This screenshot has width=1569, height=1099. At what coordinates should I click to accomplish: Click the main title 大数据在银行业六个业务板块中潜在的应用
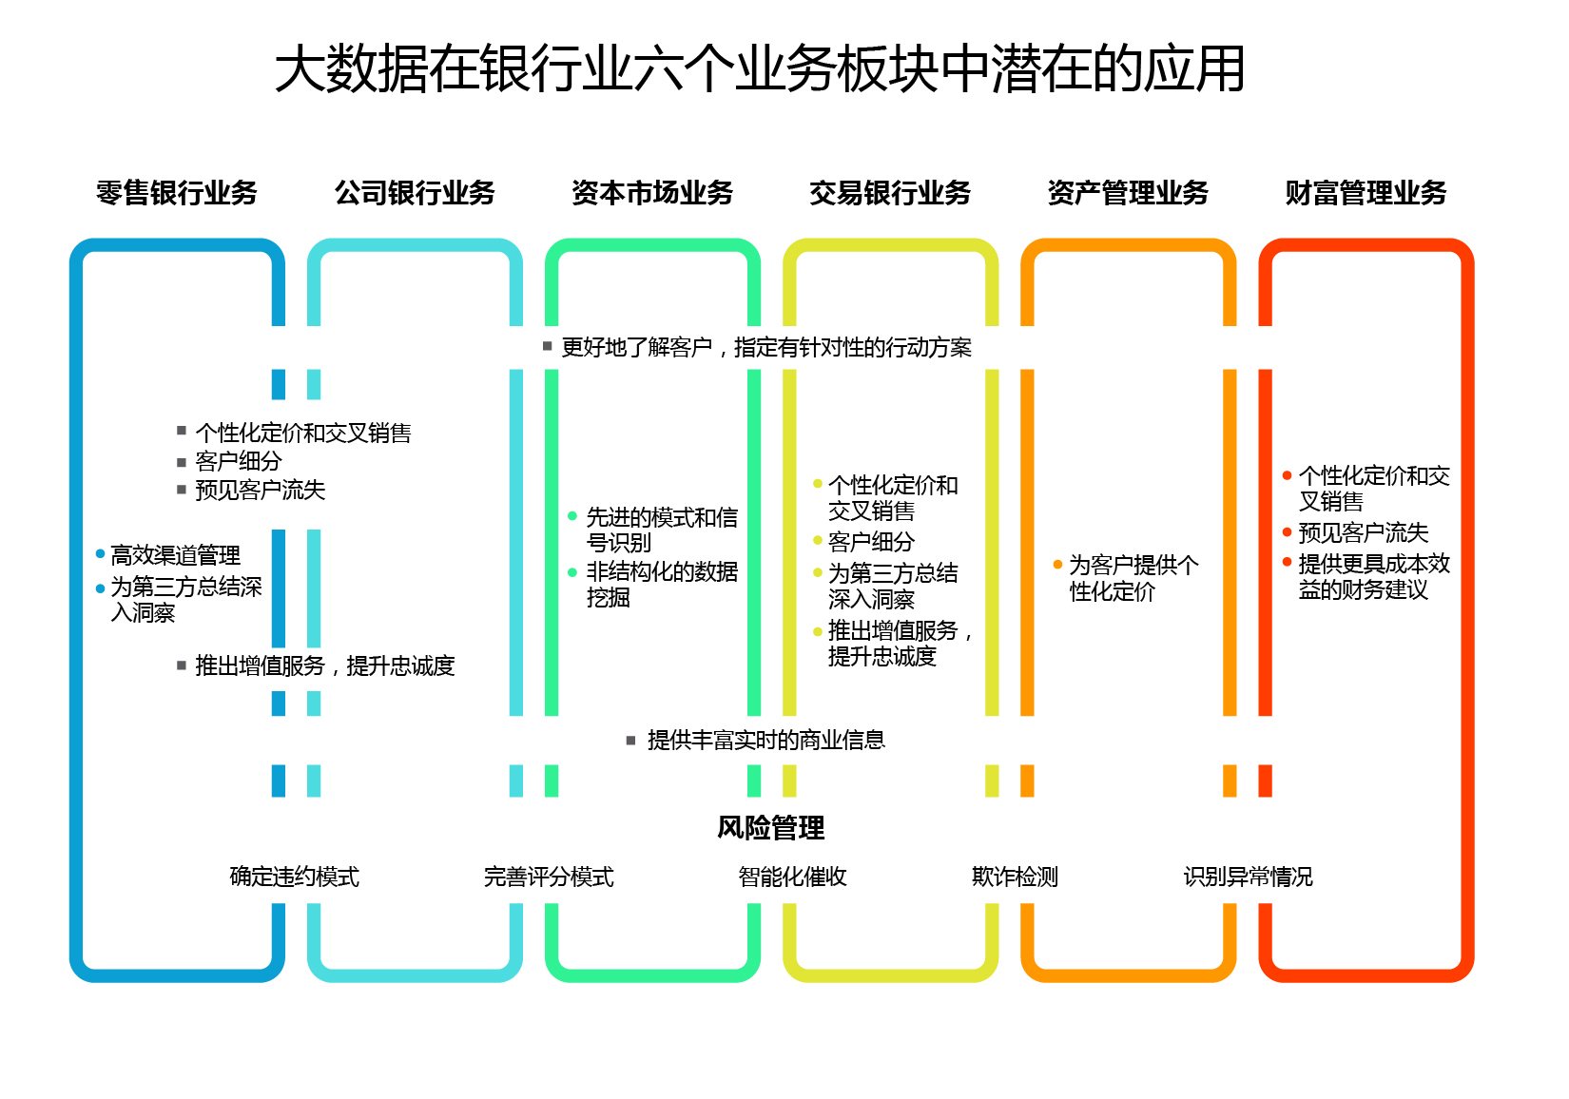759,68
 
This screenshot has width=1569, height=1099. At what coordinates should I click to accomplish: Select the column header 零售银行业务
177,193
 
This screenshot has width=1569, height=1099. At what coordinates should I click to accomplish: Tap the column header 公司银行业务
415,193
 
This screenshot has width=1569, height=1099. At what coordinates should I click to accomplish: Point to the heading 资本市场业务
652,193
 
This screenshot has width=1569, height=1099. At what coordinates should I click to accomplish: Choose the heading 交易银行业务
890,193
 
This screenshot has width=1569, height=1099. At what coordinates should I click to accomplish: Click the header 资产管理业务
1128,193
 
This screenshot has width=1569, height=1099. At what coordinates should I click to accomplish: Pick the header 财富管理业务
1366,193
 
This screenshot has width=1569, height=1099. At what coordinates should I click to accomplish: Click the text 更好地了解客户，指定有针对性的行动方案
766,348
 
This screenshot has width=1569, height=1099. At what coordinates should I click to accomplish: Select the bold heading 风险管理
770,828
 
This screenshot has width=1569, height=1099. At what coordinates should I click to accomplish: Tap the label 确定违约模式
295,877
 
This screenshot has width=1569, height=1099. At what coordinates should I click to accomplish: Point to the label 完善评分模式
549,877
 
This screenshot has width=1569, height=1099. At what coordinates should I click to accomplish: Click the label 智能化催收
792,877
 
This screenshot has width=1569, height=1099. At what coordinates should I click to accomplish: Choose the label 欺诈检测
1015,877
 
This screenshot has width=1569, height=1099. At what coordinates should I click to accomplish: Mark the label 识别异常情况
1248,877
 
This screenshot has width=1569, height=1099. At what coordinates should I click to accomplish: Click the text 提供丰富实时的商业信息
765,741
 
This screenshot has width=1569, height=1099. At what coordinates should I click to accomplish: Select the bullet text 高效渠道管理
176,555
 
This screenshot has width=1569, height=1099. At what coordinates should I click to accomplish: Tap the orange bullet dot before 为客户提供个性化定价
1057,565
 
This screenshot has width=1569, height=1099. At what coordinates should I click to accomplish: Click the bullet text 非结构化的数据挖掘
662,585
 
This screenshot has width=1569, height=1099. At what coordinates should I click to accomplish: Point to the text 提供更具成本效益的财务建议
1374,577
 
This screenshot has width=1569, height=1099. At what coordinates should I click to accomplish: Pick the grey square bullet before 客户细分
182,462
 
